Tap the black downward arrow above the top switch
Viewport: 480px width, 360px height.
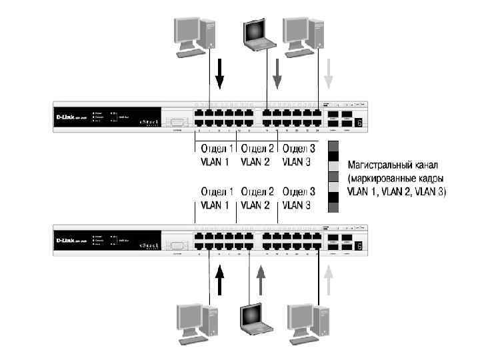click(220, 73)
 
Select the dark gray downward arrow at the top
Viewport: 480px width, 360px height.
click(279, 73)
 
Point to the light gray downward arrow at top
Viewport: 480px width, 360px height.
click(327, 73)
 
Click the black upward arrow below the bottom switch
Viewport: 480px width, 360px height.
click(220, 281)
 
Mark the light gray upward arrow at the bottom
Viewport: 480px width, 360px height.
click(327, 281)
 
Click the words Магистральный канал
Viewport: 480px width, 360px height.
click(391, 164)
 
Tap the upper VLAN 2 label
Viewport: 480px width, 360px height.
click(255, 161)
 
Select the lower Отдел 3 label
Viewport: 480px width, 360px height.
click(298, 191)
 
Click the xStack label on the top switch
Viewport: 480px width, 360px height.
click(147, 123)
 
